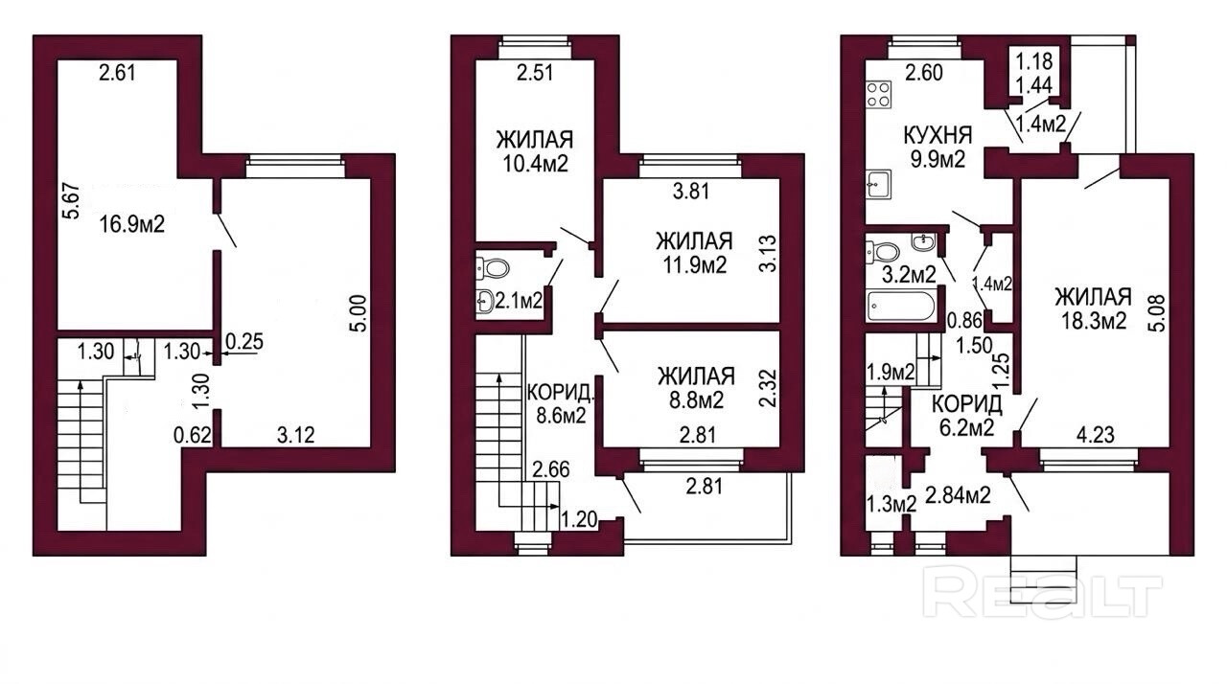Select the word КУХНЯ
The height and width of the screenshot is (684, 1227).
(x=938, y=135)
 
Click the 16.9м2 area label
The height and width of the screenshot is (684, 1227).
(x=132, y=224)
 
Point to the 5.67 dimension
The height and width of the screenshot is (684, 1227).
(x=72, y=201)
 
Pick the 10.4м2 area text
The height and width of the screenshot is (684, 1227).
(x=535, y=163)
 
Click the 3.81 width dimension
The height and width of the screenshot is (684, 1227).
(x=691, y=191)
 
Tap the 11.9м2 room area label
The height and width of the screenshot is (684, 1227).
(x=694, y=264)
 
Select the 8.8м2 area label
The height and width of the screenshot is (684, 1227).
(x=696, y=400)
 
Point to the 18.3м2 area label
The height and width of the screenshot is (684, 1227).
(x=1094, y=321)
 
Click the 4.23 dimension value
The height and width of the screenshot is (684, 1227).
(x=1096, y=435)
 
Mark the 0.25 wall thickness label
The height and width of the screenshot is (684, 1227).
(x=244, y=341)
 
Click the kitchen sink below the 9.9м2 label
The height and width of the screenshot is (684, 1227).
(x=879, y=184)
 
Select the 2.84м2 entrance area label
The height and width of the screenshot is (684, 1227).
(x=958, y=495)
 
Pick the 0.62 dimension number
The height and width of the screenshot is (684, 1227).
(x=193, y=436)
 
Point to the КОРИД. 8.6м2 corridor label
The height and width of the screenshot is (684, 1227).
(x=561, y=404)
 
